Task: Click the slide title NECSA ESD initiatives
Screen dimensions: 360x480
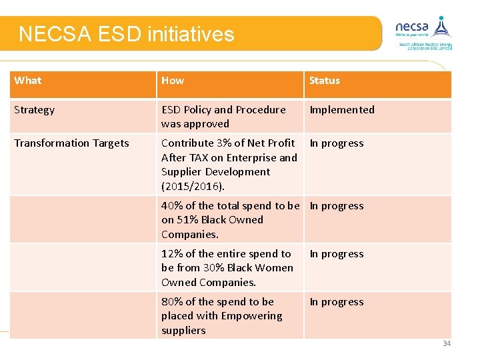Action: tap(127, 34)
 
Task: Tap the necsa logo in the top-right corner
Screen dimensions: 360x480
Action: tap(424, 32)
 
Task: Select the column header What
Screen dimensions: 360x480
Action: tap(28, 81)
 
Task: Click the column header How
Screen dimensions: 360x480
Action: tap(173, 81)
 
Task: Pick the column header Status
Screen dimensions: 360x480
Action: tap(325, 81)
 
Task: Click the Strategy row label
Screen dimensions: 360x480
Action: tap(35, 110)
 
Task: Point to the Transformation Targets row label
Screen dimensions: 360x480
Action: tap(71, 143)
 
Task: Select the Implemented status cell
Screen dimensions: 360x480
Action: tap(342, 110)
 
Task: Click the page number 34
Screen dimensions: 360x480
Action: tap(447, 343)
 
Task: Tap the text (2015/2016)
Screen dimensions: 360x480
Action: tap(193, 186)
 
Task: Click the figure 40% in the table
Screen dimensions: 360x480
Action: tap(172, 206)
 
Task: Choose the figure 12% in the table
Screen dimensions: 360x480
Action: tap(172, 254)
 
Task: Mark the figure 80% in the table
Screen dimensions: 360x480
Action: tap(172, 302)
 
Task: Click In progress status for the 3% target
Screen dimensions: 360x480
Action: tap(337, 143)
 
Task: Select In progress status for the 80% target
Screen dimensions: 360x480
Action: tap(337, 302)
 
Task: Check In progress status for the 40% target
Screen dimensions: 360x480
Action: tap(337, 206)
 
